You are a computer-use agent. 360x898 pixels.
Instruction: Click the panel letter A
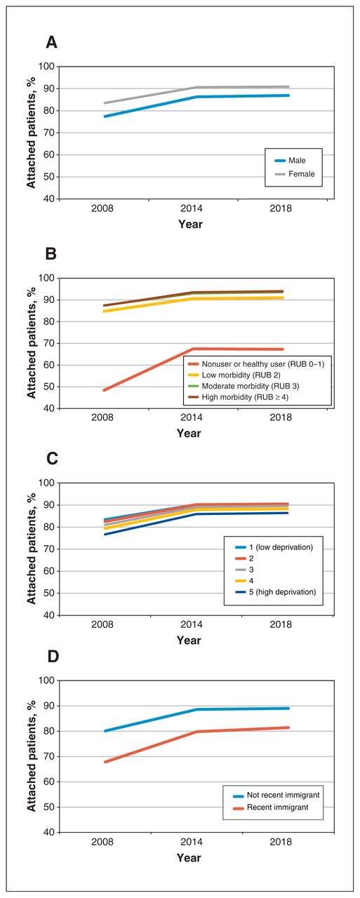click(x=51, y=42)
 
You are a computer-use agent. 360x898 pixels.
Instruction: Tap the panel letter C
click(x=52, y=458)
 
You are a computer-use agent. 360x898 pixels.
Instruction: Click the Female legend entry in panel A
click(x=295, y=174)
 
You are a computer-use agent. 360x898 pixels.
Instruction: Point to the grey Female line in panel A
click(x=196, y=88)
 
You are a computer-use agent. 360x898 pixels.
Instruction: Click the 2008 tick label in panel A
click(x=102, y=208)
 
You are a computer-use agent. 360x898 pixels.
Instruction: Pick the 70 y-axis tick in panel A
click(x=49, y=133)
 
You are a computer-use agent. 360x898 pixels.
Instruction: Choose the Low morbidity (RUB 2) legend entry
click(x=234, y=375)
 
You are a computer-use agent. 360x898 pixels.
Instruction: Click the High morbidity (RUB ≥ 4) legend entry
click(x=239, y=397)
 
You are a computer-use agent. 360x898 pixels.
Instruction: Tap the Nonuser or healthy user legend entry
click(x=256, y=364)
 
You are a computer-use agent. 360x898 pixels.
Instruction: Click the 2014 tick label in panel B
click(x=191, y=417)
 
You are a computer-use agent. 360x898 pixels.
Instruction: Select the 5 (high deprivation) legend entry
click(x=275, y=592)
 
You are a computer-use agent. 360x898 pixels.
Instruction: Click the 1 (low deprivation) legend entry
click(x=274, y=547)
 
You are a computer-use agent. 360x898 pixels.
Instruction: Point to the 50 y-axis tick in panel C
click(x=49, y=593)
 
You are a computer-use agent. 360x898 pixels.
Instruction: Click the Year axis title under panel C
click(x=189, y=641)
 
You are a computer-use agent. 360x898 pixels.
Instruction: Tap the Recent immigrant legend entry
click(x=271, y=807)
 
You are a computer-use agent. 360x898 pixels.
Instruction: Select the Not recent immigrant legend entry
click(x=276, y=795)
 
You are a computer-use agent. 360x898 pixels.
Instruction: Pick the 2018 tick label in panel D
click(x=281, y=842)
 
